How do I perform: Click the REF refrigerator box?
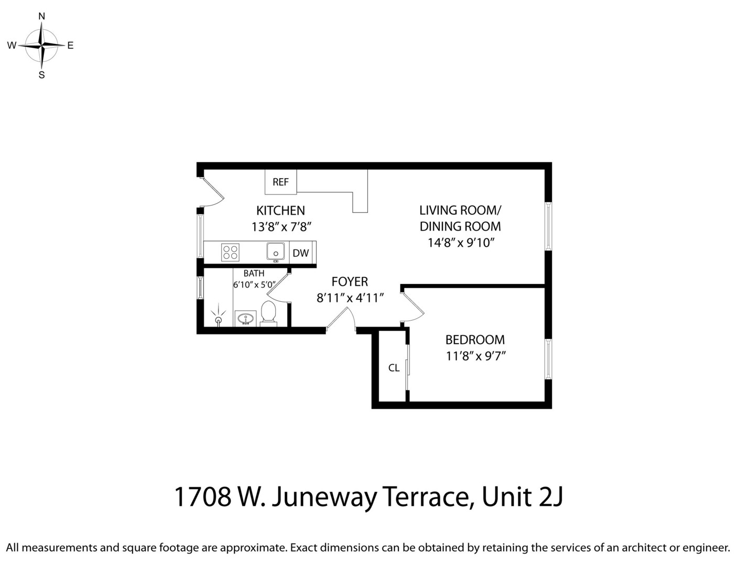[x=280, y=182]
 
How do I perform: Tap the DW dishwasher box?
[x=300, y=253]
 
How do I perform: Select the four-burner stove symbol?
[x=230, y=253]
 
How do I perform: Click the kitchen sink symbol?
[x=276, y=252]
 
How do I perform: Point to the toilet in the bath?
[x=268, y=313]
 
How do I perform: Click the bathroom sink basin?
[x=245, y=318]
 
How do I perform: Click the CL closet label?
[x=394, y=368]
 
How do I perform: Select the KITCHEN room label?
[x=280, y=211]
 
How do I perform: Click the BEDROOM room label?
[x=475, y=340]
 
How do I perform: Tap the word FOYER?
[x=350, y=281]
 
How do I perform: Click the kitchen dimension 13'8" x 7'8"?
[x=281, y=227]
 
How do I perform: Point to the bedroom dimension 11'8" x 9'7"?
[x=475, y=356]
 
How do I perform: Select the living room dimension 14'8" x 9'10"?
[x=461, y=243]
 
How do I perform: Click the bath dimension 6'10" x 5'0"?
[x=254, y=285]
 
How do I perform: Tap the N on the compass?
[x=42, y=16]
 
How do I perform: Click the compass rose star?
[x=41, y=46]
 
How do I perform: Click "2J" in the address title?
[x=550, y=497]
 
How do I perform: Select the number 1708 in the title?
[x=202, y=497]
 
